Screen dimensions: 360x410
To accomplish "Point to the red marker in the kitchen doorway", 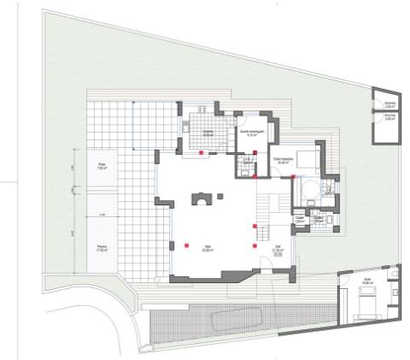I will pos(202,152).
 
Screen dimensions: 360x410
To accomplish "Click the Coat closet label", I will pos(300,220).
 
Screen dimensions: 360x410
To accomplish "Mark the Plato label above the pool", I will pos(101,168).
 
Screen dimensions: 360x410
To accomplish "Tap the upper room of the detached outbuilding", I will pos(389,104).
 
